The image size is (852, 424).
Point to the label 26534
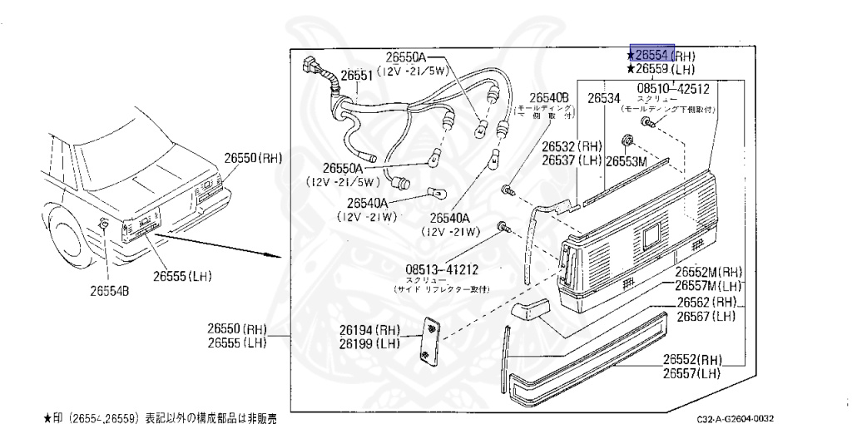[x=604, y=98]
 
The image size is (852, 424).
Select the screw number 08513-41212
[x=443, y=270]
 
